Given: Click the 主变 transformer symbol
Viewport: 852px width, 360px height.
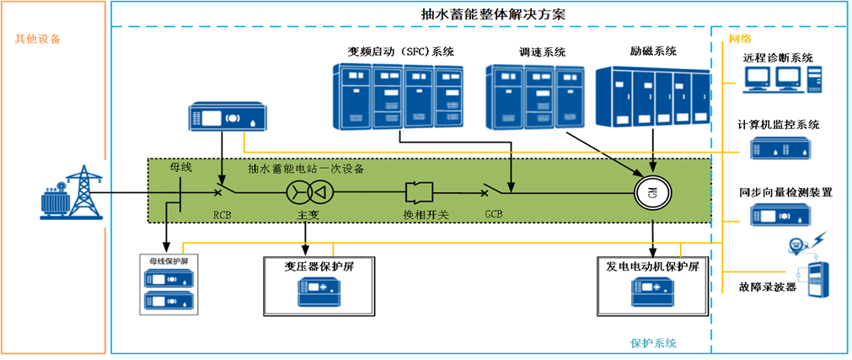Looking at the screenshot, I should (307, 192).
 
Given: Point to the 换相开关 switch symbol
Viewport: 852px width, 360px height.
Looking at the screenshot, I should (420, 191).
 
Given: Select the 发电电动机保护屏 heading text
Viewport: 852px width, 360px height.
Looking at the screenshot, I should (653, 266).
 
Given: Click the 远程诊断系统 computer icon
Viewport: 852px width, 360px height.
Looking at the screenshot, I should (779, 79).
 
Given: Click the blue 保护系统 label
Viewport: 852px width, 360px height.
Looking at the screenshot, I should (653, 343).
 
